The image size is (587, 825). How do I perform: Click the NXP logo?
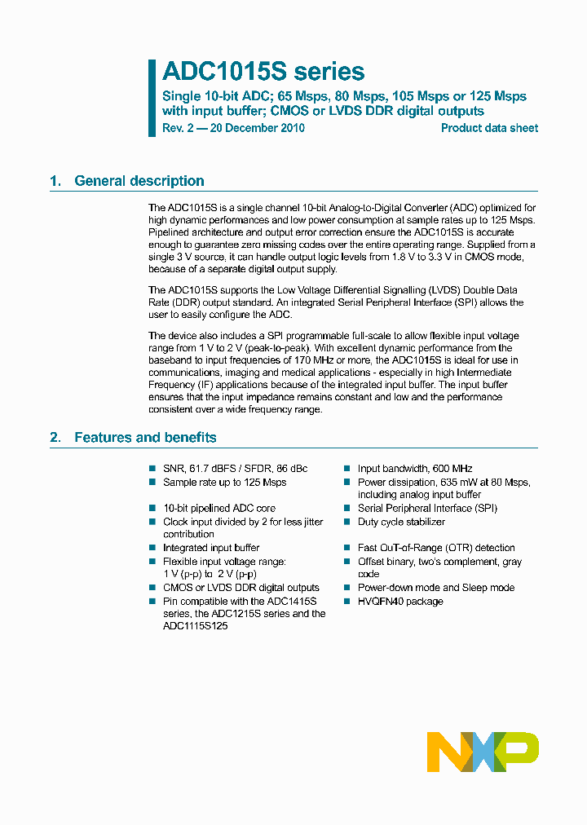click(483, 751)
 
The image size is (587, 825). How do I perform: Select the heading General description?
click(139, 181)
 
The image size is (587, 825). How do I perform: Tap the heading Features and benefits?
click(145, 438)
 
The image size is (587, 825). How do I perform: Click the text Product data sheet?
click(489, 128)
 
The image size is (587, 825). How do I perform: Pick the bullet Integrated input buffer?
click(211, 548)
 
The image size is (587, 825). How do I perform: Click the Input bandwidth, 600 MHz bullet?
click(415, 469)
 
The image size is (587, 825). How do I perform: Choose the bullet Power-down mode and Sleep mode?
click(436, 588)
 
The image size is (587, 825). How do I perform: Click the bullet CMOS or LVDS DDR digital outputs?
click(241, 588)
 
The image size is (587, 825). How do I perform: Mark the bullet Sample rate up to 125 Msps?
click(224, 483)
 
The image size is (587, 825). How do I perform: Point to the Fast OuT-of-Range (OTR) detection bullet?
click(436, 548)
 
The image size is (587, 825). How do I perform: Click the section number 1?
click(55, 181)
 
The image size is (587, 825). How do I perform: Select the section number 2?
click(55, 438)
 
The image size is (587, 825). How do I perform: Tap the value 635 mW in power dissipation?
click(461, 483)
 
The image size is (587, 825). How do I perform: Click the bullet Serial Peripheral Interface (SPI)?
click(427, 508)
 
